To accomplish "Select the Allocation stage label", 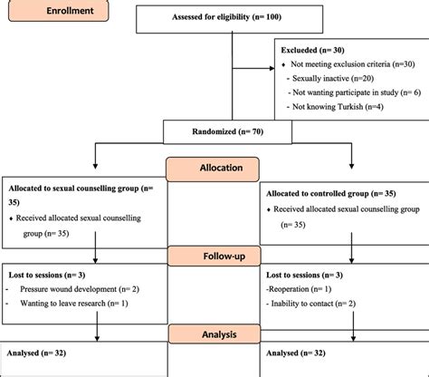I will point(214,169).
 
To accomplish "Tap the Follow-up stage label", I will point(214,256).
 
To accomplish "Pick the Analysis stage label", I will point(214,333).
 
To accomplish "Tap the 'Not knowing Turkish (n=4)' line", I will point(342,106).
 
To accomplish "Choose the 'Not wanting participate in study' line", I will point(355,92).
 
